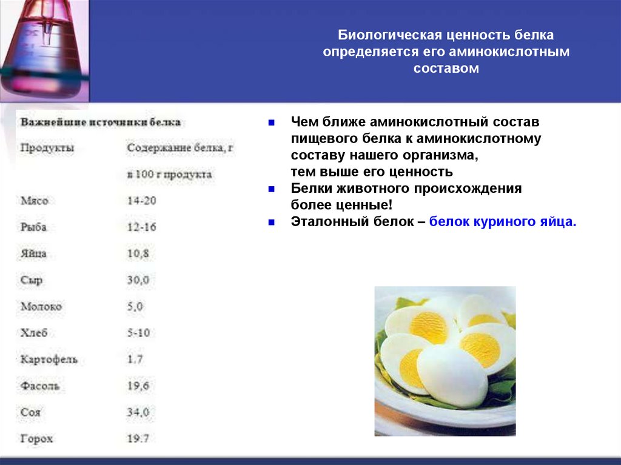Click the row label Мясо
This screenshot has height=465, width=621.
coord(34,201)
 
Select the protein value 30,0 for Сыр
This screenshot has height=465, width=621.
coord(138,281)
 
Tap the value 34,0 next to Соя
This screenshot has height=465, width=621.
coord(138,412)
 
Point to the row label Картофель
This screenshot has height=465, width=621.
coord(49,360)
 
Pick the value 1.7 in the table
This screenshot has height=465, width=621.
coord(135,360)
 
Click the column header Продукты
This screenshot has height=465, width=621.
coord(47,148)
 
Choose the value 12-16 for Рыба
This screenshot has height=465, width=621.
coord(142,227)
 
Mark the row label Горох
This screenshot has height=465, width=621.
coord(37,438)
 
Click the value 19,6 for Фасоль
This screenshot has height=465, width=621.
coord(138,386)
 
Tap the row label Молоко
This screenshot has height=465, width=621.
coord(41,307)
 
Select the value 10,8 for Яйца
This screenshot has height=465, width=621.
coord(138,254)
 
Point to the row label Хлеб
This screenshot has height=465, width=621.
coord(34,333)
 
